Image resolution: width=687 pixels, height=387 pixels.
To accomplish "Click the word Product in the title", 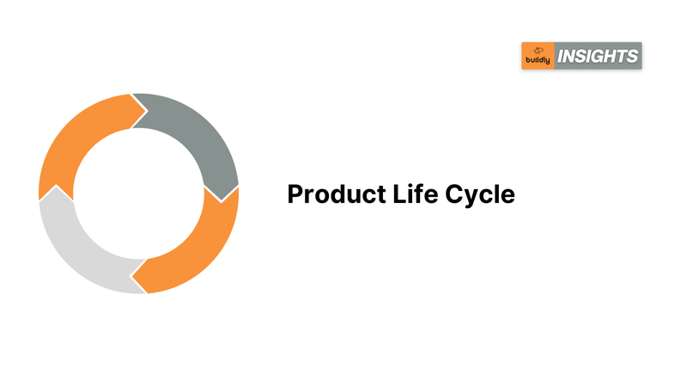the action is coord(337,194).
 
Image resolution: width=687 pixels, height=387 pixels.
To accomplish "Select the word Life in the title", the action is coord(416,194).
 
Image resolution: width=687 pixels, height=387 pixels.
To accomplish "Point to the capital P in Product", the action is coord(295,194).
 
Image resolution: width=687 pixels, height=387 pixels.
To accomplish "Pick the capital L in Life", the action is coord(399,194).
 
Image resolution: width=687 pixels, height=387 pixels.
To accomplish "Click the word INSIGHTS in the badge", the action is coord(598,56).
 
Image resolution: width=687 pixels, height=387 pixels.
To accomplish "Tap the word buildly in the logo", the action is coord(538,60).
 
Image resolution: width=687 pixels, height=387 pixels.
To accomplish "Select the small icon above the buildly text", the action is coord(538,51).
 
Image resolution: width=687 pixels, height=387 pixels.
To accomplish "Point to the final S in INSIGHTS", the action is coord(631,56).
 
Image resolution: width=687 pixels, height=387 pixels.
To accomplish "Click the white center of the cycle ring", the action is coord(139,193).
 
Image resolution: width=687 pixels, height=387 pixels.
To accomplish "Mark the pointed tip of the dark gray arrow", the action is coord(222,202).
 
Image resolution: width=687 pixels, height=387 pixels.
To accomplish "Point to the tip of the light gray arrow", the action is coord(57,186).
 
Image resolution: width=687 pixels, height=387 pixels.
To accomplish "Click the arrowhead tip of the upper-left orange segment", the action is coord(147,111).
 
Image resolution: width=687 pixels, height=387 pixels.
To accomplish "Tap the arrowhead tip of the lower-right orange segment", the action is coord(131,276).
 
